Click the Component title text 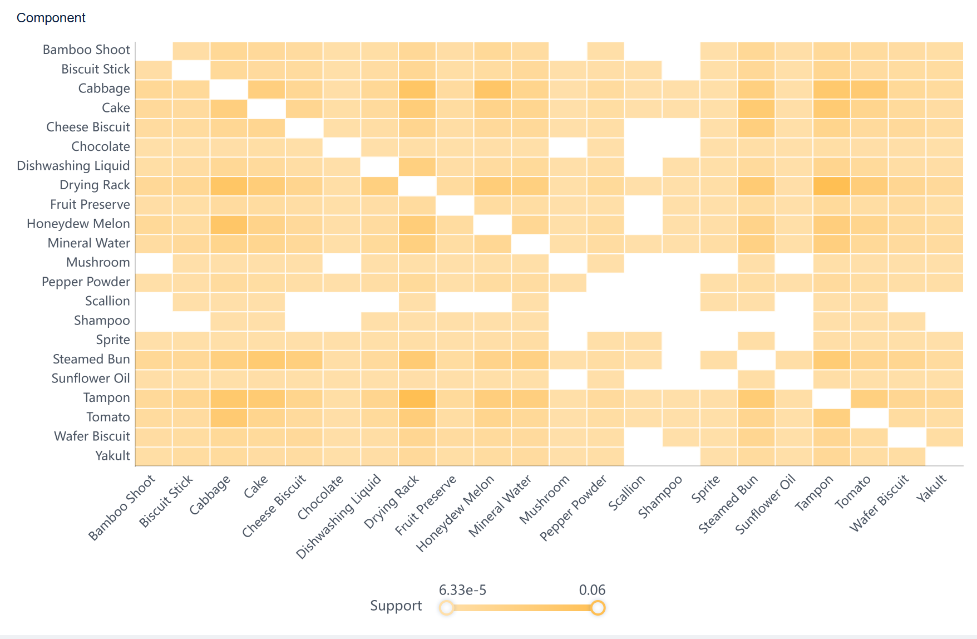(51, 18)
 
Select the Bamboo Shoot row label (86, 50)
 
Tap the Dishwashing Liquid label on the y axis (73, 166)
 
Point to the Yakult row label (112, 456)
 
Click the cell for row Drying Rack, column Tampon (831, 185)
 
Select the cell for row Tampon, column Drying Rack (417, 398)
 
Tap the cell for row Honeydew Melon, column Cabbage (229, 224)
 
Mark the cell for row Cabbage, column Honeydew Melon (492, 89)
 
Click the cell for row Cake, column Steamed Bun (756, 108)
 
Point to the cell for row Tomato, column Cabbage (229, 417)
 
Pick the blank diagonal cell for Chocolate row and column (342, 147)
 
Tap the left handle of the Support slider (446, 607)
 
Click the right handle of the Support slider (598, 607)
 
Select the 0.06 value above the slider (592, 590)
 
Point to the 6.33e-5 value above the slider (462, 590)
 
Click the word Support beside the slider (396, 606)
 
